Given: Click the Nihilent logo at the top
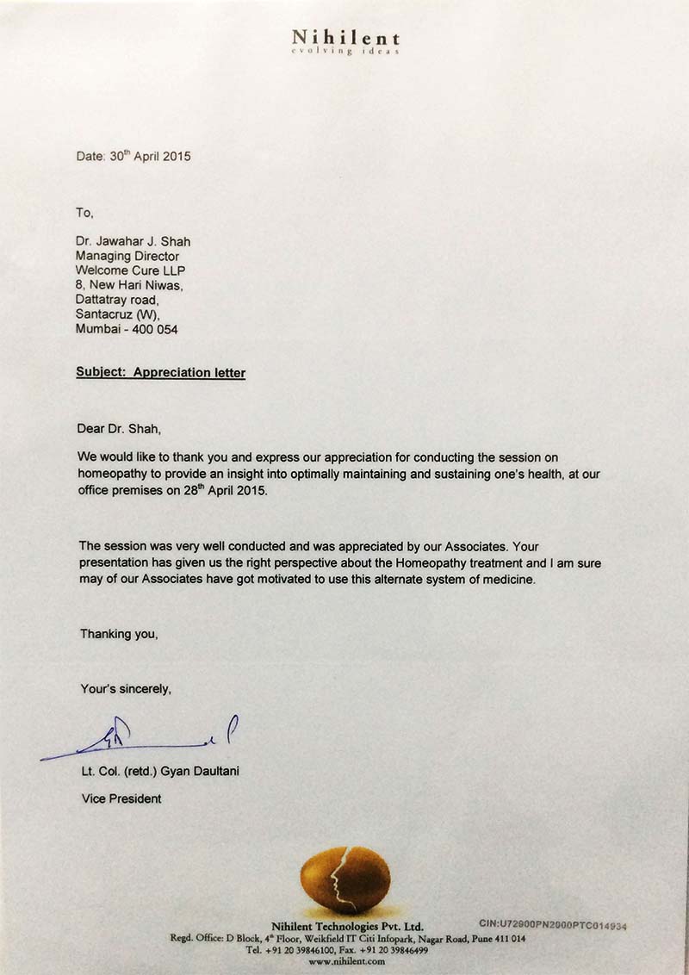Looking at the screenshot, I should click(x=345, y=38).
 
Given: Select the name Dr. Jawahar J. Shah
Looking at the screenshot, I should click(x=133, y=241).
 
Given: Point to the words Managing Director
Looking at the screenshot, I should click(x=127, y=256).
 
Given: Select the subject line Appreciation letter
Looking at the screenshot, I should click(x=189, y=373).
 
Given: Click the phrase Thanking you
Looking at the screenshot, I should click(x=119, y=633).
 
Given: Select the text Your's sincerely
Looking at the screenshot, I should click(x=126, y=688).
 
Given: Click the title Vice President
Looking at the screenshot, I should click(x=121, y=798).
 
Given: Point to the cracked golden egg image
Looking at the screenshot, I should click(x=344, y=879).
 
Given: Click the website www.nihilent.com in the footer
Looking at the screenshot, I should click(x=344, y=961).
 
